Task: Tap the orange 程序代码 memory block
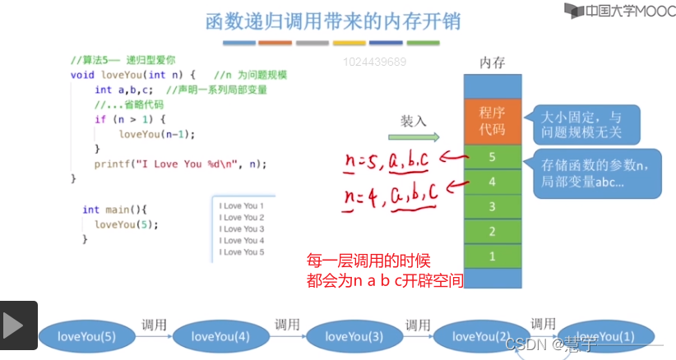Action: point(493,121)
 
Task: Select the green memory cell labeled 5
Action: point(493,156)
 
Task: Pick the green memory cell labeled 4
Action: point(493,181)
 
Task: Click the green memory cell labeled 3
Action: point(493,206)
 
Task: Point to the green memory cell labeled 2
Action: point(493,231)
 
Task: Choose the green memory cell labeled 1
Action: point(493,256)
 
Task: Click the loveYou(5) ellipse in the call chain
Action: point(86,335)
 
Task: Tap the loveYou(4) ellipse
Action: point(220,335)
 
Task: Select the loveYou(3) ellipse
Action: point(354,335)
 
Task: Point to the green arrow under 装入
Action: point(419,137)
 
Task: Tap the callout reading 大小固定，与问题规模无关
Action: point(583,123)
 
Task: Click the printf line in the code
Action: point(180,164)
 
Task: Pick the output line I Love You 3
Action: point(241,229)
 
